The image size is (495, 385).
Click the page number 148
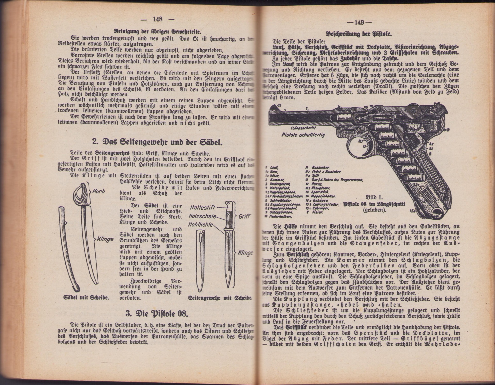pyautogui.click(x=157, y=19)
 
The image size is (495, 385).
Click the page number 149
pyautogui.click(x=359, y=22)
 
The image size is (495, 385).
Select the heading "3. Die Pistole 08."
pyautogui.click(x=157, y=314)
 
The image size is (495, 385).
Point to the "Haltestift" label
pyautogui.click(x=202, y=207)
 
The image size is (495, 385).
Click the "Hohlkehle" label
pyautogui.click(x=201, y=225)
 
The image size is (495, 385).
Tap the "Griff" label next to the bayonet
pyautogui.click(x=245, y=216)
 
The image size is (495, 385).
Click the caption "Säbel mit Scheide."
pyautogui.click(x=86, y=298)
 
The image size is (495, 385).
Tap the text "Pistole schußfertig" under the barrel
pyautogui.click(x=303, y=135)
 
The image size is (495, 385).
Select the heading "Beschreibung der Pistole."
pyautogui.click(x=359, y=34)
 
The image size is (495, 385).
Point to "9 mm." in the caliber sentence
pyautogui.click(x=288, y=98)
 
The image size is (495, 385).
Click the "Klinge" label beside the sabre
pyautogui.click(x=105, y=239)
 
